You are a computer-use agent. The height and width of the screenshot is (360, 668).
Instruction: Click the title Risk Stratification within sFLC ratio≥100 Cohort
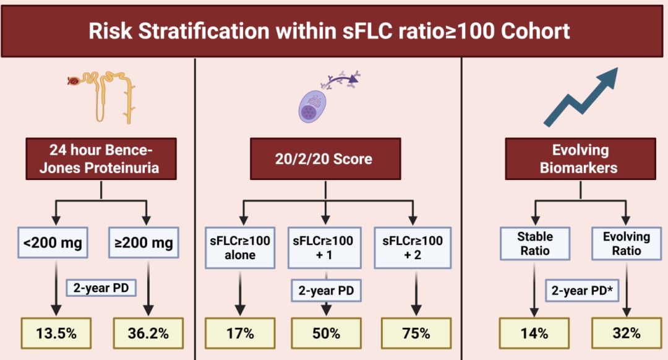coord(329,31)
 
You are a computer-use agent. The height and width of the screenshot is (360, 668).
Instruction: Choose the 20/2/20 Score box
coord(325,159)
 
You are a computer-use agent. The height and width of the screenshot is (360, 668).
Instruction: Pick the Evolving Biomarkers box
coord(580,159)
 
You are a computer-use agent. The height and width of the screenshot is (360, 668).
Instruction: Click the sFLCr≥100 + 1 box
coord(325,247)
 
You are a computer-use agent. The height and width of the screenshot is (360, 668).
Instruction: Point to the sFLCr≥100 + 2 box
coord(411,247)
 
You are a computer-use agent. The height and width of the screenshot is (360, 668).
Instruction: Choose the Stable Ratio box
coord(534,244)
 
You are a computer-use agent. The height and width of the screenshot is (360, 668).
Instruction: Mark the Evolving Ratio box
coord(626,244)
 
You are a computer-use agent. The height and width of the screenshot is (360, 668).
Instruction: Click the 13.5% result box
coord(56,333)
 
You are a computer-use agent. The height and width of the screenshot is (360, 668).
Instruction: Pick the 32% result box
coord(626,333)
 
